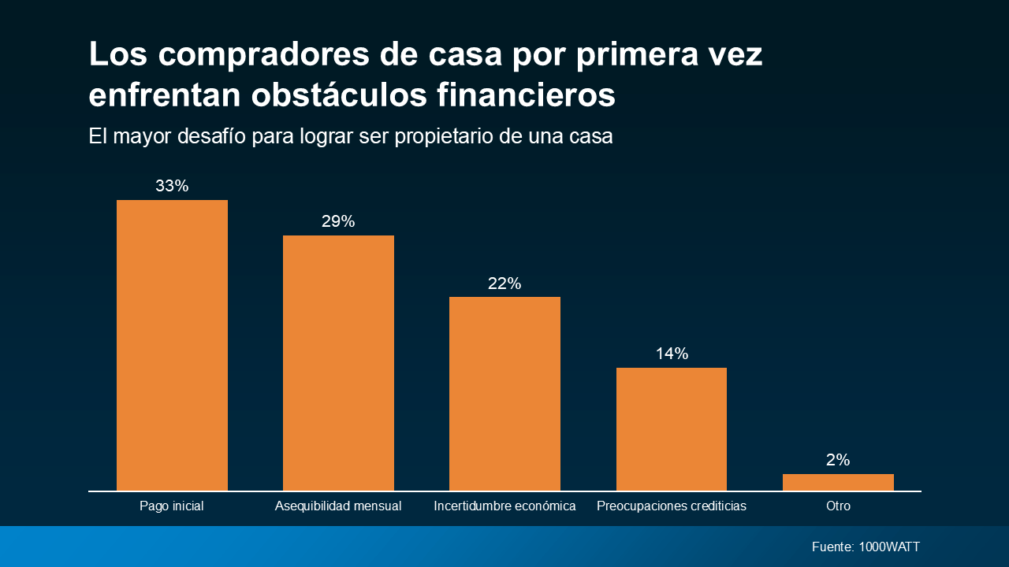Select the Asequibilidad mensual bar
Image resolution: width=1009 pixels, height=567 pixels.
[338, 363]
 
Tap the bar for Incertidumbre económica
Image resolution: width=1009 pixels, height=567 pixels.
[504, 394]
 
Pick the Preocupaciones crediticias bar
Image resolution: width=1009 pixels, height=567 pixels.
[672, 429]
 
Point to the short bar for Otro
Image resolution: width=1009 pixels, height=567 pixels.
[838, 482]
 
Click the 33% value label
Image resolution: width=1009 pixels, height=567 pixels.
[172, 186]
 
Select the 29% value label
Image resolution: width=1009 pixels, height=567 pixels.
[338, 221]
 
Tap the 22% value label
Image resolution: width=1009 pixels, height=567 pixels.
[504, 283]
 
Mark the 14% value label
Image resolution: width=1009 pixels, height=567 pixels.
[672, 354]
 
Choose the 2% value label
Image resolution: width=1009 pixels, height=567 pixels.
[838, 460]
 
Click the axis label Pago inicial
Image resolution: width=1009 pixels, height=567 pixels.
[172, 506]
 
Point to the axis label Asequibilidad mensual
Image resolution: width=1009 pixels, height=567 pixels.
[338, 506]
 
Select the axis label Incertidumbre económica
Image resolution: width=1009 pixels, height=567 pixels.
[504, 506]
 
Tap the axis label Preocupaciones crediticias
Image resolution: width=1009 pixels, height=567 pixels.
[672, 506]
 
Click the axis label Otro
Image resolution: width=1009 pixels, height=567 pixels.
[838, 506]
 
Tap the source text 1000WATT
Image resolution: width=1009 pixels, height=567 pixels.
[889, 547]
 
